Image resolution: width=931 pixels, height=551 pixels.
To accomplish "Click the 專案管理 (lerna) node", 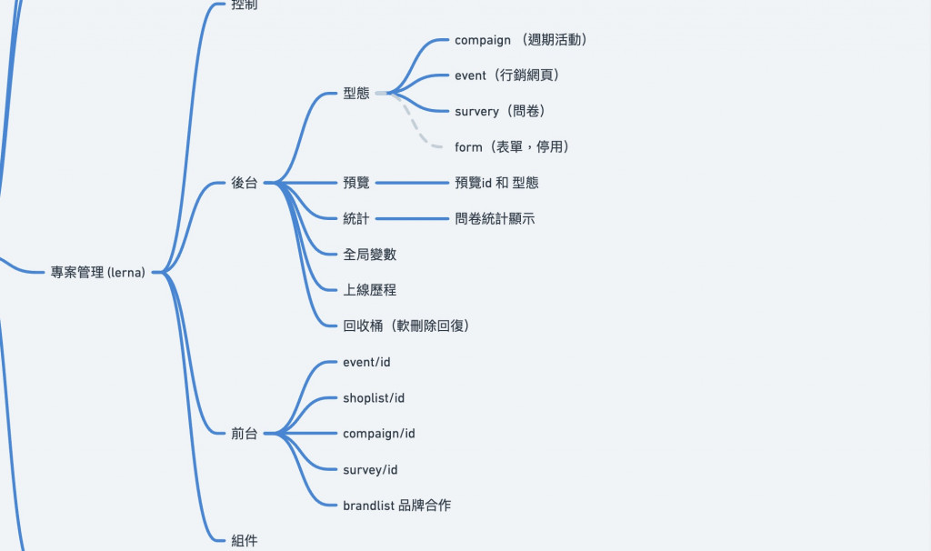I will [x=98, y=272].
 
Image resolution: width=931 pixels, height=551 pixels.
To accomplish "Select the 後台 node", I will [x=245, y=183].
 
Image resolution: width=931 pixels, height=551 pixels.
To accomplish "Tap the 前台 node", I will [x=245, y=434].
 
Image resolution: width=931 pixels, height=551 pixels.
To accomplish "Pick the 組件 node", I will [x=245, y=541].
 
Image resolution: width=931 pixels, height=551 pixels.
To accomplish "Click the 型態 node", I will [x=356, y=93].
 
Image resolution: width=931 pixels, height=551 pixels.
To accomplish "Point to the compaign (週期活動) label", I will [x=523, y=40].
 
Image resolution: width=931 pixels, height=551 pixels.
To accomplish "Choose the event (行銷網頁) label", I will [x=506, y=75].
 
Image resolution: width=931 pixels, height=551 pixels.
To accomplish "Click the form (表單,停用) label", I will [x=513, y=147].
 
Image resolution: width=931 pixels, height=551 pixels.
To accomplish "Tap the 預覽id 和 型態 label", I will [x=496, y=183].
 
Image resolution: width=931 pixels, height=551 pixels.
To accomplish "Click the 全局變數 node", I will [x=369, y=255].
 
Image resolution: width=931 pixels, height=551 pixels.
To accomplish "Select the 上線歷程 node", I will [x=369, y=290].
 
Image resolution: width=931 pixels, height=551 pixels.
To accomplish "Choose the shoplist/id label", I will [x=374, y=398].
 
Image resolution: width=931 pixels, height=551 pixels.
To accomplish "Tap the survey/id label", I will [x=370, y=470].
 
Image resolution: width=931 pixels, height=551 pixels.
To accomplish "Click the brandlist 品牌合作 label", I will [x=396, y=506].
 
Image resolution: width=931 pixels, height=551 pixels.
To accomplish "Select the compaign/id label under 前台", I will [x=379, y=434].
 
